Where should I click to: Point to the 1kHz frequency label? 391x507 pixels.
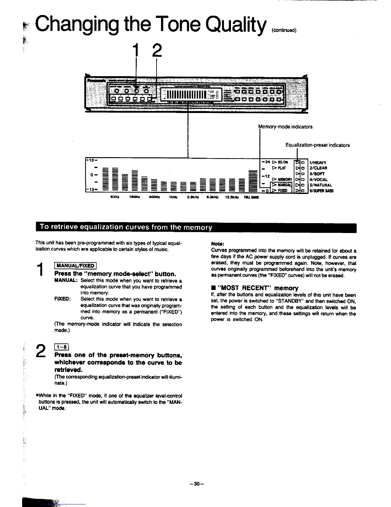172,197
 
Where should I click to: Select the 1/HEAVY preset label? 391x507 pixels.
318,163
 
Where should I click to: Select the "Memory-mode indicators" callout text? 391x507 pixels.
285,127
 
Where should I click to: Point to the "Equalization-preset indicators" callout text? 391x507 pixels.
318,145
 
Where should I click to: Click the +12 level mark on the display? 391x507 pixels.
91,160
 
